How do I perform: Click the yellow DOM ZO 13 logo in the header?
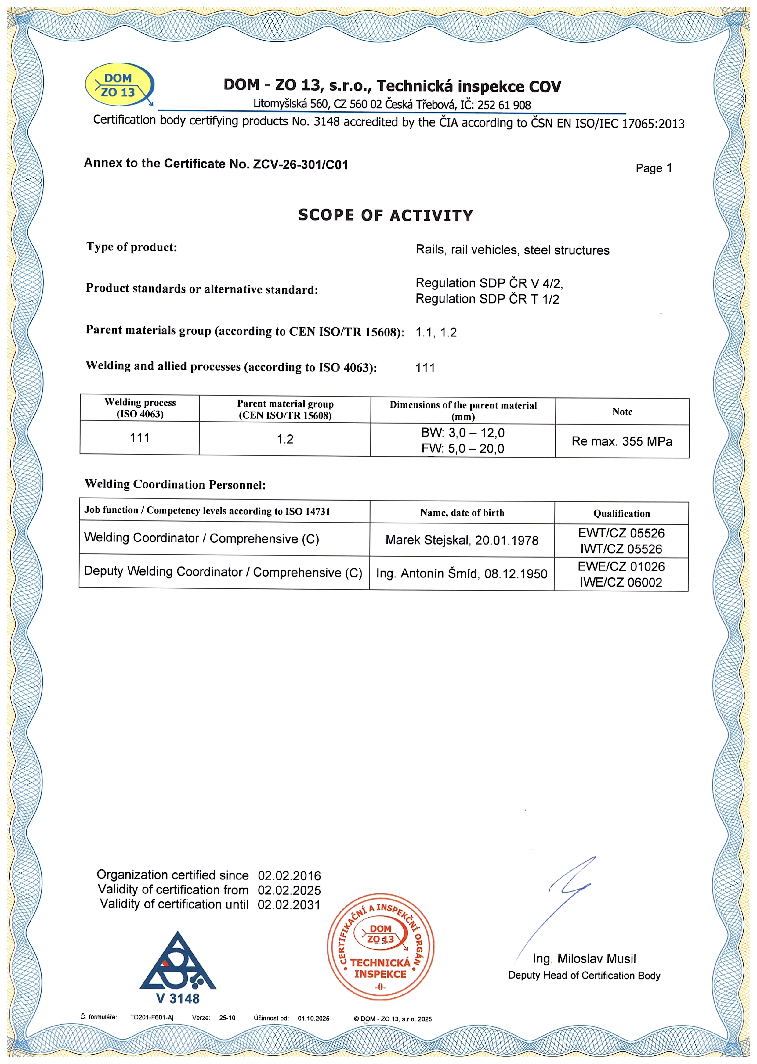[x=119, y=85]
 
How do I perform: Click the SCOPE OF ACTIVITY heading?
[x=386, y=215]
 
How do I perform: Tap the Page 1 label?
[x=654, y=168]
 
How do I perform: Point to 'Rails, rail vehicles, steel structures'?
[x=512, y=250]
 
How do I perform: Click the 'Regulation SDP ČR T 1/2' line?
[x=487, y=299]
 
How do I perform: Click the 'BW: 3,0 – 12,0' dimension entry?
[x=463, y=433]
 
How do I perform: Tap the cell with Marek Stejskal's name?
[x=462, y=540]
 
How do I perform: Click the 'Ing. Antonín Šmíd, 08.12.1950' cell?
[x=462, y=573]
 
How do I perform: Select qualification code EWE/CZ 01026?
[x=621, y=566]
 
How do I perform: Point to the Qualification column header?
[x=621, y=513]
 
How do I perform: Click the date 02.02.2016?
[x=289, y=876]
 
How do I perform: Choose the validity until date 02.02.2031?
[x=289, y=905]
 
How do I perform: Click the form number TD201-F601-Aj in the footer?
[x=151, y=1017]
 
